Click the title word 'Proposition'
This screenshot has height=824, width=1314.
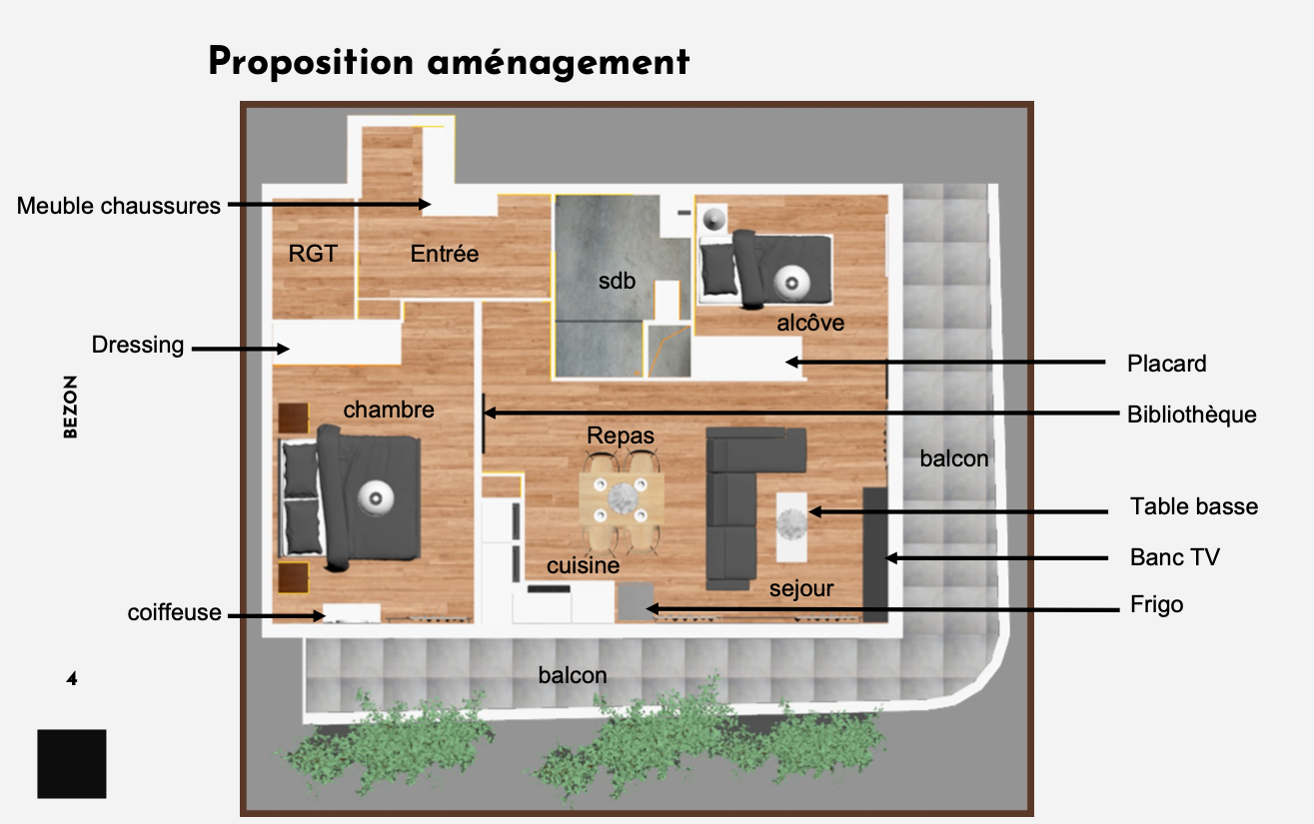pos(311,62)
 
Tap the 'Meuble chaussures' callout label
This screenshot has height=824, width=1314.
pos(119,206)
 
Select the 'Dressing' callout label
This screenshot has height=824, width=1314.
pos(138,346)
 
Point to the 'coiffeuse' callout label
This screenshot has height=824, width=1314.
pos(174,613)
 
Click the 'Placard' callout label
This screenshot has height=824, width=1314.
pos(1167,365)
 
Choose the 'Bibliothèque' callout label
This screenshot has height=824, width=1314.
pos(1191,414)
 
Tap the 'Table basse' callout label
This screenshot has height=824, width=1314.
pos(1194,506)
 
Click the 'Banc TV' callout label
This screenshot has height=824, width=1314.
pos(1174,557)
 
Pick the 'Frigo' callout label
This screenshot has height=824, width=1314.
pos(1156,604)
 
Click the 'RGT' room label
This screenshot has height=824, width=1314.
pos(313,254)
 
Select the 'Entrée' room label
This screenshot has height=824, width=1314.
pos(444,254)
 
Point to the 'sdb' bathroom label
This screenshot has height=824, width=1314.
pos(617,281)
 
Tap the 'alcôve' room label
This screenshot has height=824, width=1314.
pos(810,323)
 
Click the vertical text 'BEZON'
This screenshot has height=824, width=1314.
pos(70,408)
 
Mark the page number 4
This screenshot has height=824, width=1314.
pos(72,679)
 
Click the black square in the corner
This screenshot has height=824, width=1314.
pos(72,764)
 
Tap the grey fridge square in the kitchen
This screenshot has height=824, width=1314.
pos(636,601)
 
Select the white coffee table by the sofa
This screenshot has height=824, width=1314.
pos(791,527)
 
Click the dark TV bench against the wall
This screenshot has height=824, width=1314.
pos(874,554)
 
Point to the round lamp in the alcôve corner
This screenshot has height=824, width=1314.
pos(713,220)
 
